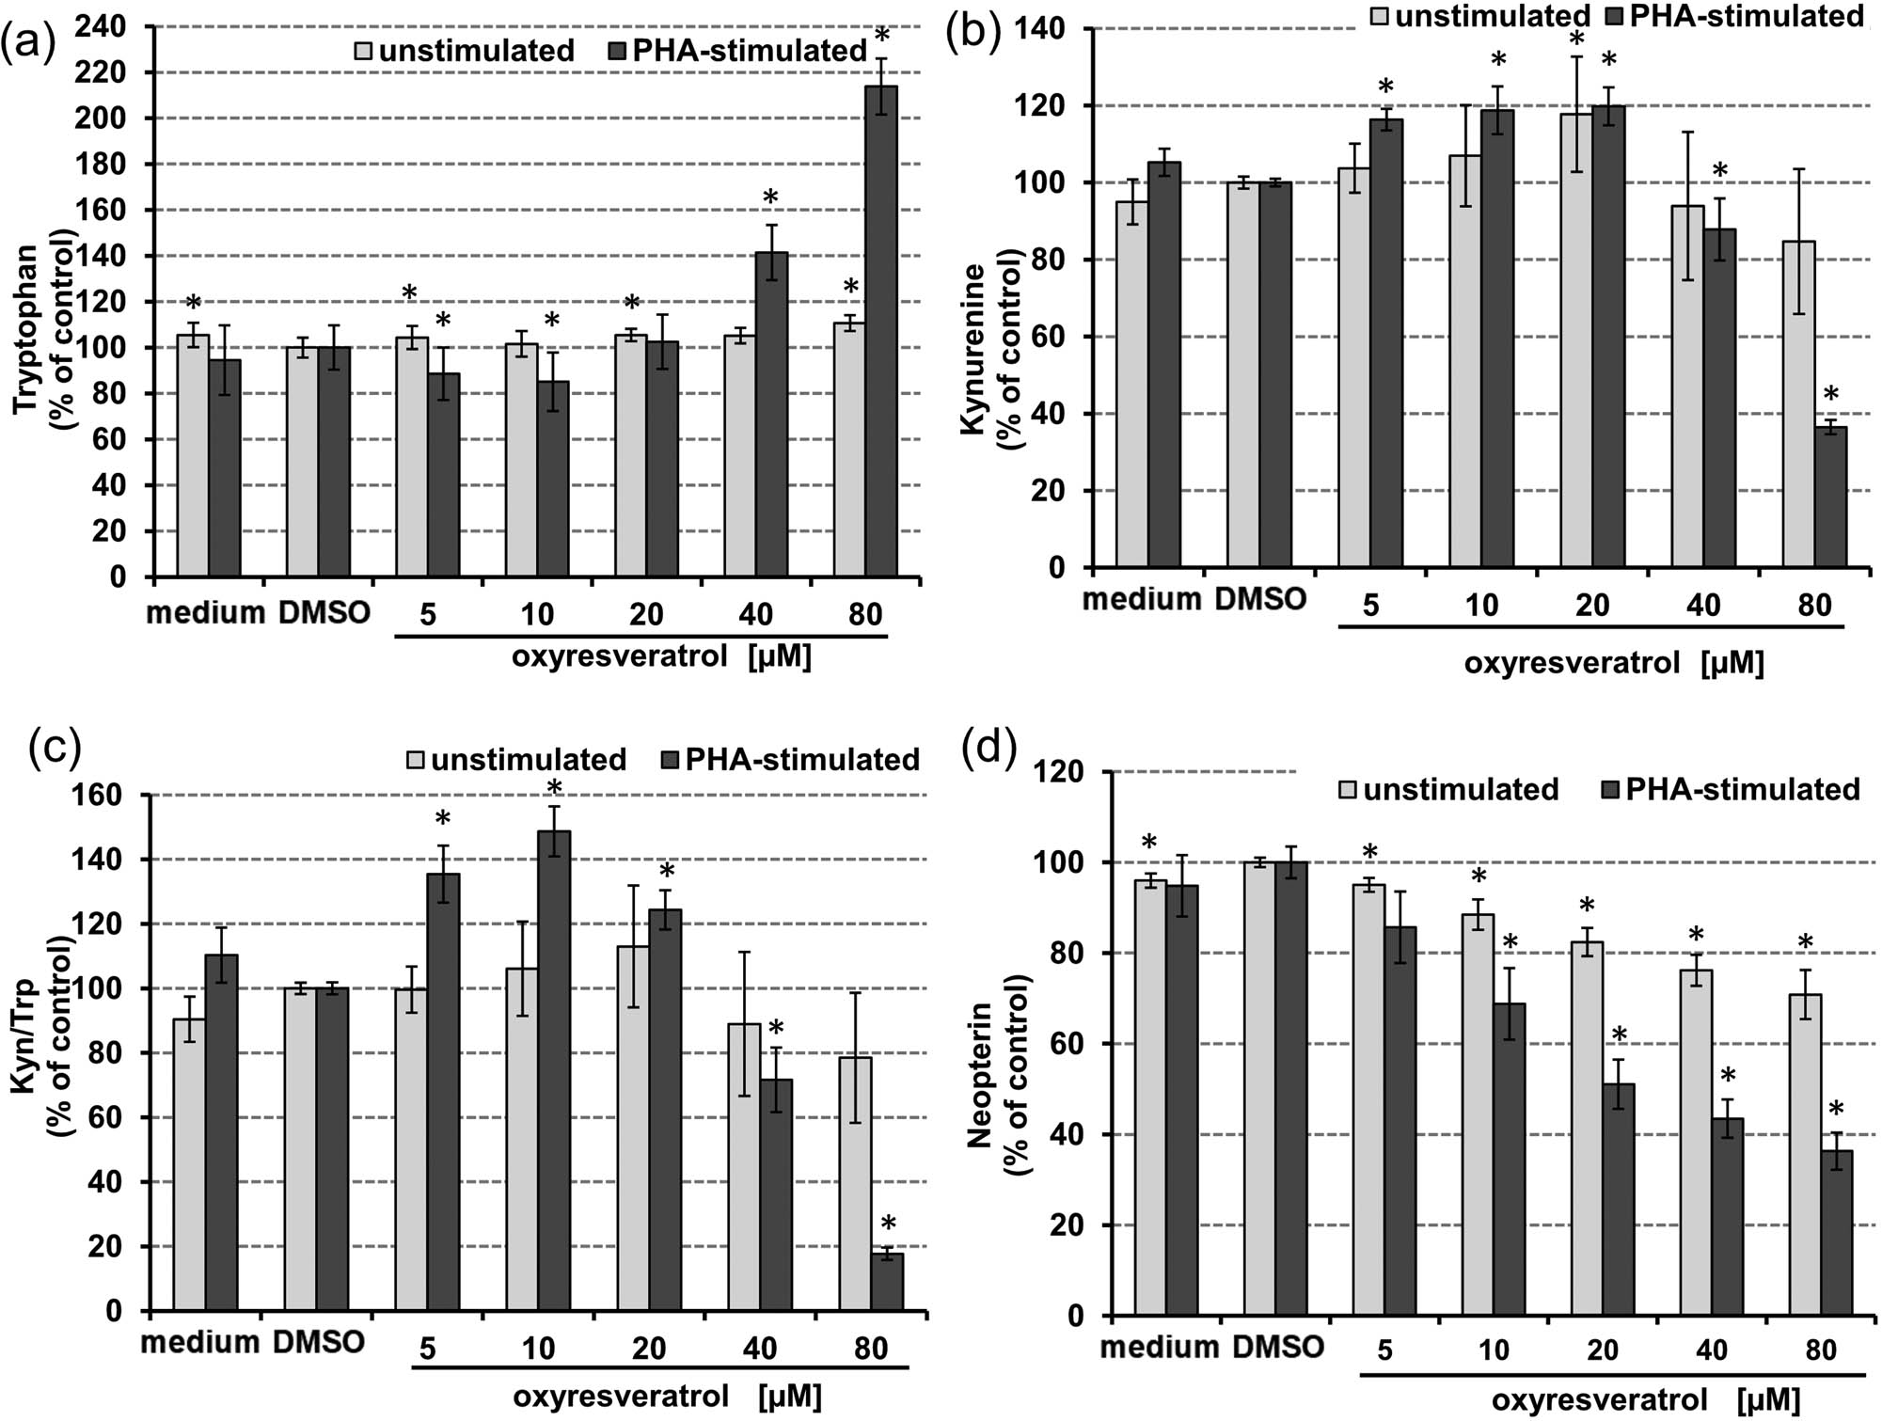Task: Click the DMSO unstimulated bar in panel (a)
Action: tap(302, 461)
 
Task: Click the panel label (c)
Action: tap(55, 750)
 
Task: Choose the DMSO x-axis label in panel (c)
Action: tap(318, 1342)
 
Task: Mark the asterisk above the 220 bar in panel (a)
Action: tap(881, 37)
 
